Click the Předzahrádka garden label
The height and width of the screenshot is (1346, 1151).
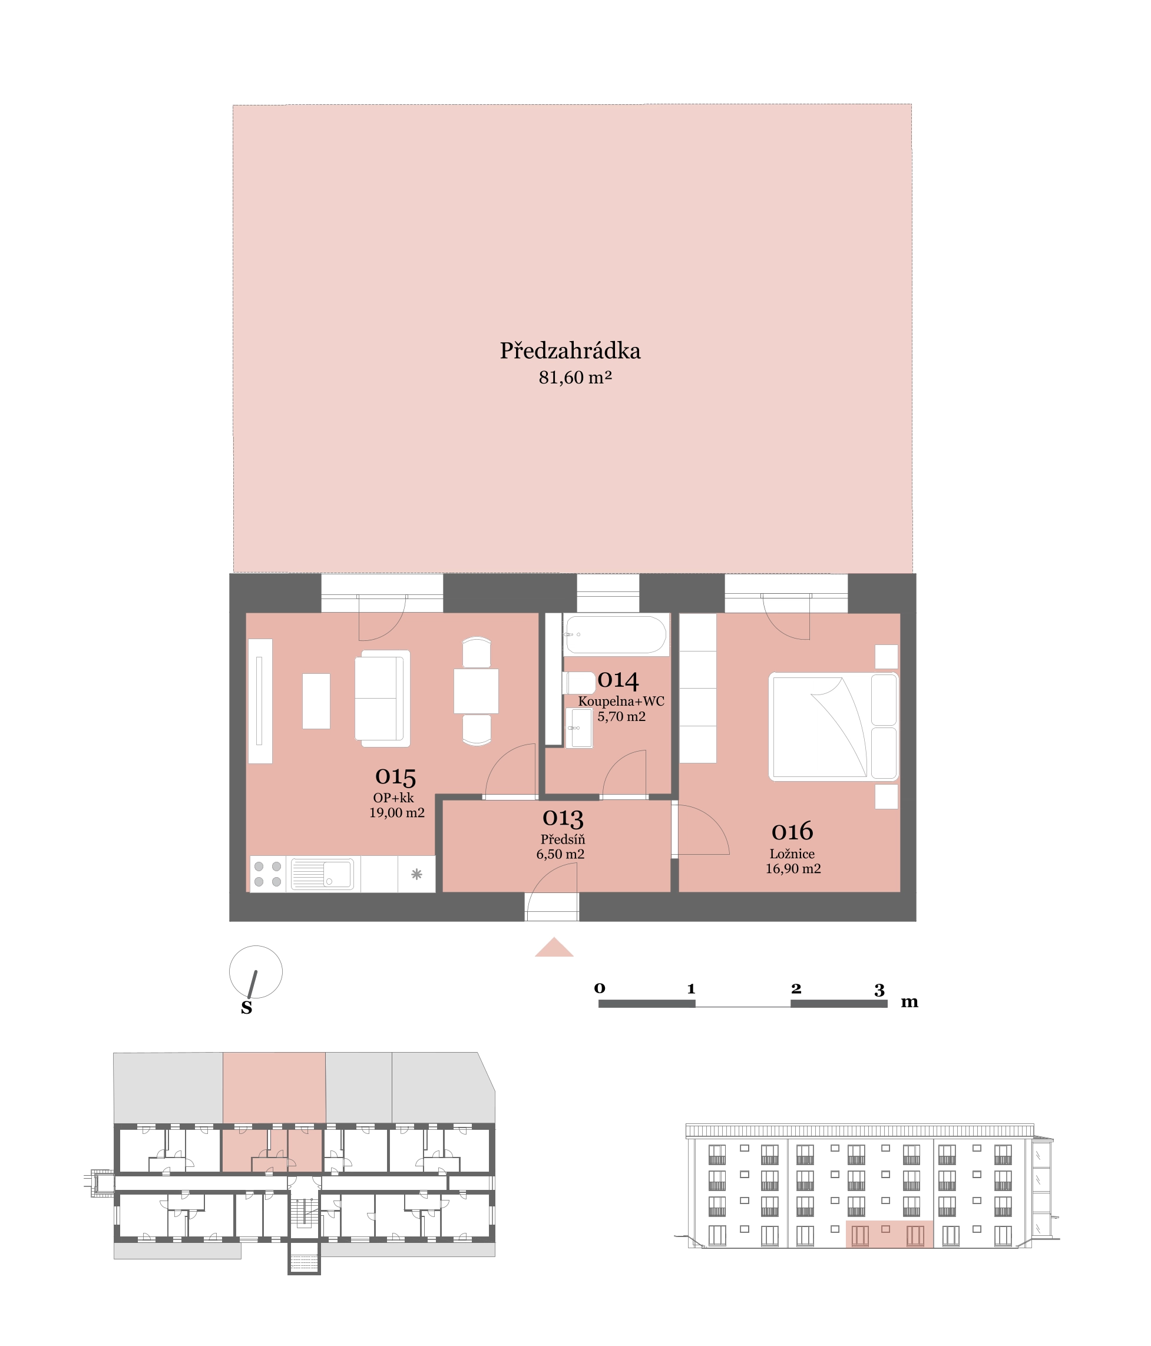pos(570,351)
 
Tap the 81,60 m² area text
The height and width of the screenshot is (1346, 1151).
pos(575,378)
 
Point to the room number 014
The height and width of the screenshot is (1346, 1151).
pos(618,680)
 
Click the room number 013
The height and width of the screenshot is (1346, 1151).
pos(563,818)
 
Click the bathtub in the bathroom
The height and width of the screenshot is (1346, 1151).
pos(616,634)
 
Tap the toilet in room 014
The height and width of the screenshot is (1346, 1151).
pos(579,683)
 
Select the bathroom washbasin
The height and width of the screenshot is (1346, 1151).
pos(579,728)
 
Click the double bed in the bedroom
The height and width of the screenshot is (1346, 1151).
pos(834,727)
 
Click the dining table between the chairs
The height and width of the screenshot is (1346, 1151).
pos(476,691)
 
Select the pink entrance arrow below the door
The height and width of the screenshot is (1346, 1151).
pos(554,948)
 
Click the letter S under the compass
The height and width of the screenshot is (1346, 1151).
pos(246,1007)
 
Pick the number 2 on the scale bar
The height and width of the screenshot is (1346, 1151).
pos(796,988)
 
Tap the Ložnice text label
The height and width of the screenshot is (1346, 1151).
pos(792,854)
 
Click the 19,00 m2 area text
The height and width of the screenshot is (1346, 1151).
pos(397,813)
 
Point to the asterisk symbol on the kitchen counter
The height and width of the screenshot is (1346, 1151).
pos(416,874)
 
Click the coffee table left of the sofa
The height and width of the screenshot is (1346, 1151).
pos(316,702)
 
